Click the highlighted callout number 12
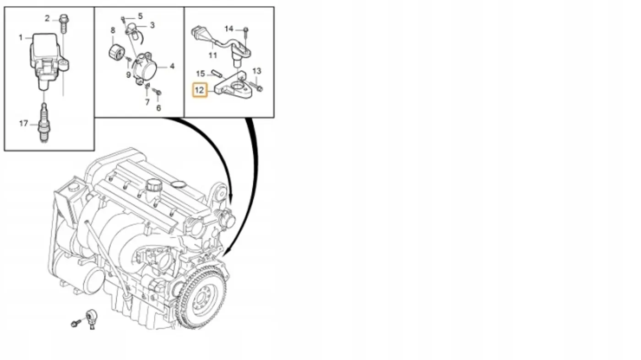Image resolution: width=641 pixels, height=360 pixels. pos(200,90)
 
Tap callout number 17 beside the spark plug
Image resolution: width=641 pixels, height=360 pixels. pos(23,123)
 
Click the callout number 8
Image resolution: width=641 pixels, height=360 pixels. pos(113,30)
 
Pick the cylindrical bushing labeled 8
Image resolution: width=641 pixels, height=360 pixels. pos(116,53)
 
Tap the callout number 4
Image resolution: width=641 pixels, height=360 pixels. pos(172,66)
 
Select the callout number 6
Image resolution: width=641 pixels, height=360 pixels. pos(158,108)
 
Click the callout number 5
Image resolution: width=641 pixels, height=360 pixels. pos(140,16)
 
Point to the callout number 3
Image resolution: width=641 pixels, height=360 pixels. pos(152,25)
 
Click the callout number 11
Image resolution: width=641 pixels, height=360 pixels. pos(212,55)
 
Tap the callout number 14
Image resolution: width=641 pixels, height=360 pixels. pos(229,29)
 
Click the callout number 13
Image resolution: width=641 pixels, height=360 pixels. pos(257,71)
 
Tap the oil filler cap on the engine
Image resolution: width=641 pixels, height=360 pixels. pos(154,185)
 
